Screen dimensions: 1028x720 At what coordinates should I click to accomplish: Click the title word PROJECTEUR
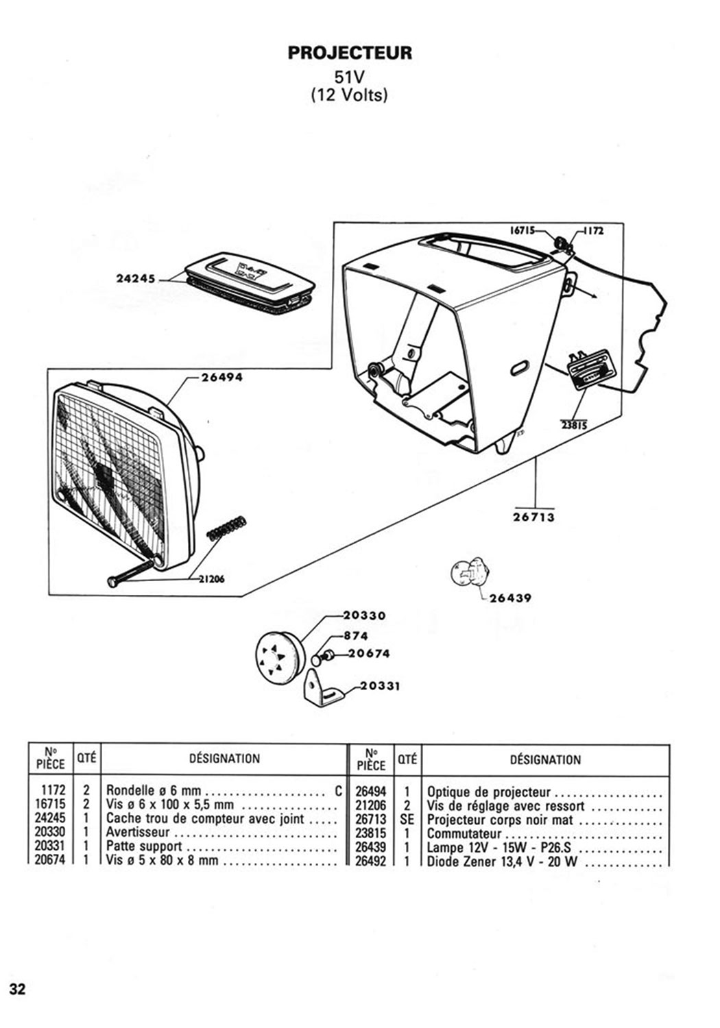pos(350,53)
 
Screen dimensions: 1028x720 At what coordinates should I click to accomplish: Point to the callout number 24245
pos(136,279)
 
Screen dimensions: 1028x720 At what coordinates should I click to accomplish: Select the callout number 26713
pos(534,517)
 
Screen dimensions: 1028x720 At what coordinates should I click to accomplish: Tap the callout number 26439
pos(510,598)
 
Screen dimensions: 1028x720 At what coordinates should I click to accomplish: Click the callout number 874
pos(356,635)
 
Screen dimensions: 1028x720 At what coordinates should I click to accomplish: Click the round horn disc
pos(278,659)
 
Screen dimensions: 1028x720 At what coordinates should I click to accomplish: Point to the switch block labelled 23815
pos(585,371)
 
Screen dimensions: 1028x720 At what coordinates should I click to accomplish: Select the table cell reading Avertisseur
pos(138,833)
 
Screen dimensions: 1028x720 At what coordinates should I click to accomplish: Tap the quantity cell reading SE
pos(407,819)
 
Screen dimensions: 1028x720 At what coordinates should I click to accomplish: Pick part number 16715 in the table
pos(49,805)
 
